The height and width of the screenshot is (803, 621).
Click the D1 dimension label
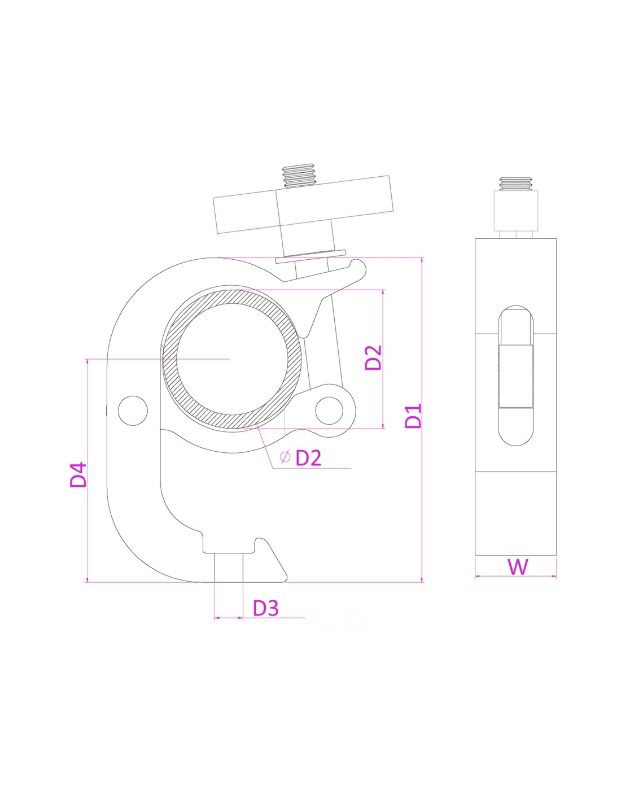click(x=413, y=416)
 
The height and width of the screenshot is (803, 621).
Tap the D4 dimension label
click(x=78, y=475)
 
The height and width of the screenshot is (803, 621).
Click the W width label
click(x=518, y=567)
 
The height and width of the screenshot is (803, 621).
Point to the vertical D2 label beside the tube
click(x=373, y=357)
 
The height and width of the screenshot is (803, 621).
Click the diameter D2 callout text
click(x=308, y=458)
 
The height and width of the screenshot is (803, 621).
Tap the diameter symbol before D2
click(x=285, y=457)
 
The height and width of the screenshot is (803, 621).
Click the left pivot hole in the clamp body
click(x=133, y=411)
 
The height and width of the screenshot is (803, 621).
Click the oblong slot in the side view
click(x=516, y=376)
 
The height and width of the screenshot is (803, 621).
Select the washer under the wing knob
click(x=311, y=256)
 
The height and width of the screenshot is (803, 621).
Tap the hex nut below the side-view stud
click(x=516, y=211)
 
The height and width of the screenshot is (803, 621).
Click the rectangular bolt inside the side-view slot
click(x=516, y=377)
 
